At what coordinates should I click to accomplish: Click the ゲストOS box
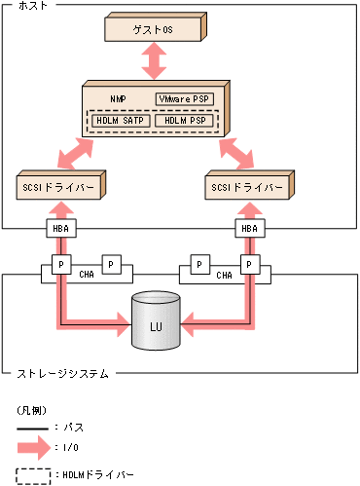tap(154, 30)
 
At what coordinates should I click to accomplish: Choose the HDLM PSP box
tap(183, 121)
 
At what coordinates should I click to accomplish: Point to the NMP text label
tap(118, 99)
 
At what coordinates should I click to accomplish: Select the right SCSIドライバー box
tap(249, 185)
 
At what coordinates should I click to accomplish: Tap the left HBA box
tap(60, 229)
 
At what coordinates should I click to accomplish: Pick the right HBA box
tap(250, 229)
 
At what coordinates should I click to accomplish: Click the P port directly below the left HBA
tap(60, 264)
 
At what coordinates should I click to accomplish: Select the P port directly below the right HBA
tap(250, 264)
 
